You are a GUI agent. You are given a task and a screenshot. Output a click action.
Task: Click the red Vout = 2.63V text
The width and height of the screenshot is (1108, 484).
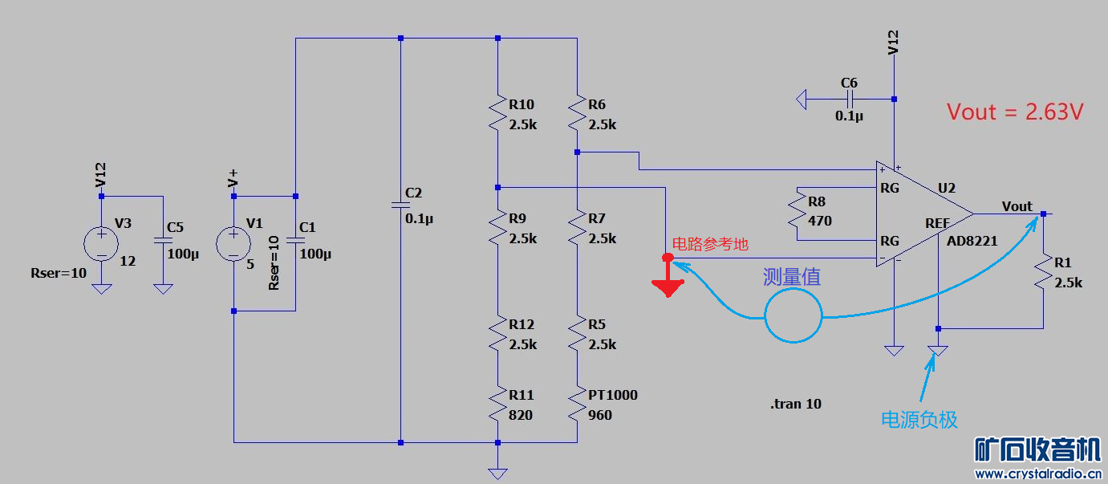[1015, 112]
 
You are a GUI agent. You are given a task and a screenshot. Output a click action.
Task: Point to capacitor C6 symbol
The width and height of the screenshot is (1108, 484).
[850, 100]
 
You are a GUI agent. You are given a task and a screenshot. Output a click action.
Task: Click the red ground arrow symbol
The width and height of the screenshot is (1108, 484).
[668, 281]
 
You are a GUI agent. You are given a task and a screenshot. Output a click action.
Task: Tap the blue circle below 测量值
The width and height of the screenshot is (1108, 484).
[793, 315]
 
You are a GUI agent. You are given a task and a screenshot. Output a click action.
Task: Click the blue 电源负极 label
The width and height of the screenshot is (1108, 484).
[919, 419]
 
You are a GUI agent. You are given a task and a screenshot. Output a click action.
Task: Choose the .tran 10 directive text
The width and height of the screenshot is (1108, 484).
[795, 404]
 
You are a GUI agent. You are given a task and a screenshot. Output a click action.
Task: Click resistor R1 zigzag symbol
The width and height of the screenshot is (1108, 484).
[1043, 272]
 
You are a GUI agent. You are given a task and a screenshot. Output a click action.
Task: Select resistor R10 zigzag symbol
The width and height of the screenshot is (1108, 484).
[497, 114]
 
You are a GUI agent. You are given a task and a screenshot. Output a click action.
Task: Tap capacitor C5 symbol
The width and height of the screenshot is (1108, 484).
[163, 240]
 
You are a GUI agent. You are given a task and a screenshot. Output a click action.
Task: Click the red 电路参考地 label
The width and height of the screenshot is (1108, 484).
[709, 245]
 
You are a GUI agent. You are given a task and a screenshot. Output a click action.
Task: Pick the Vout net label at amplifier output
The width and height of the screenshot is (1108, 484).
[1017, 206]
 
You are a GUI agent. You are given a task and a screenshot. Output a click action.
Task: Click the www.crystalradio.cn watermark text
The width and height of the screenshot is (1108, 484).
[1037, 474]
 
